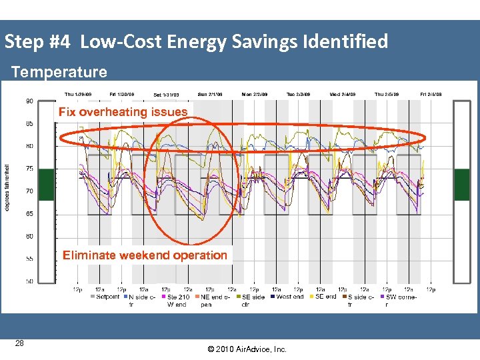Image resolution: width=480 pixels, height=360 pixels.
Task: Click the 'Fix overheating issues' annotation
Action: coord(123,112)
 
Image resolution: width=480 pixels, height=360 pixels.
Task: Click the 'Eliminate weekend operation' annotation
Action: coord(145,255)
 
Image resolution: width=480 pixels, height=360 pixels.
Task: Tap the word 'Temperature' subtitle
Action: coord(59,71)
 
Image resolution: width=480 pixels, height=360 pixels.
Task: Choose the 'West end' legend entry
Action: coord(290,297)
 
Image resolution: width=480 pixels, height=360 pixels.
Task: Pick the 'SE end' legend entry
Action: coord(325,297)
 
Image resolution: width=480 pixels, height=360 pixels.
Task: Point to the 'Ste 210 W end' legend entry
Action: coord(178,300)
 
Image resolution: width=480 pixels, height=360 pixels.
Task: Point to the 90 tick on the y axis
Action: coord(30,101)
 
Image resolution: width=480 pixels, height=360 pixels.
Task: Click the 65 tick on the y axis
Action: coord(30,213)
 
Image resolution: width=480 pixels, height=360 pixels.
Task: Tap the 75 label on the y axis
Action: coord(30,169)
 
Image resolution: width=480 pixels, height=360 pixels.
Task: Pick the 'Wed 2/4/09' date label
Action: coord(344,94)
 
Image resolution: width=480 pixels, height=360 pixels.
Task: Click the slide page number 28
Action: coord(19,343)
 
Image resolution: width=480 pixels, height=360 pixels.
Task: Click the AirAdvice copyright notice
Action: coord(246,349)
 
